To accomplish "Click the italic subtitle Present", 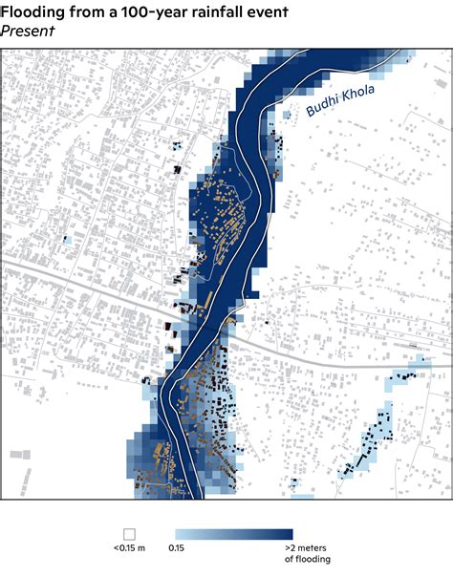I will click(28, 30).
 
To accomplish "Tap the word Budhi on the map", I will click(322, 108).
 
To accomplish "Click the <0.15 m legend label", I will click(129, 549).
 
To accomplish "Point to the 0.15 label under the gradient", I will click(177, 549).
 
